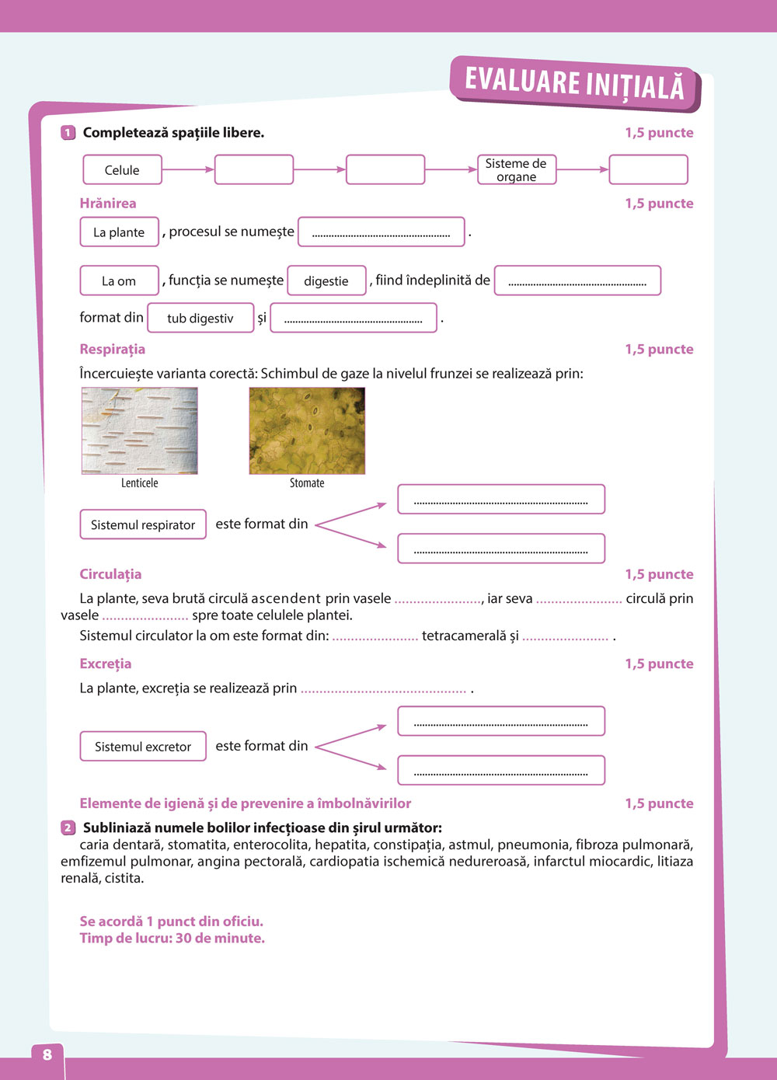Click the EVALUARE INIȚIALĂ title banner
pos(574,83)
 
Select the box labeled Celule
pos(122,169)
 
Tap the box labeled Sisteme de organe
pos(517,169)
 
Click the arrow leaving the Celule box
pos(188,169)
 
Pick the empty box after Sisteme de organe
pos(648,169)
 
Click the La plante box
pos(119,232)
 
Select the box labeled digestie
pos(326,280)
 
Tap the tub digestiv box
pos(200,318)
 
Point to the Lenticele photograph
pos(140,430)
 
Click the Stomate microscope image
pos(307,430)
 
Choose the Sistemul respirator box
pos(143,524)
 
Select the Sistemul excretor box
pos(143,746)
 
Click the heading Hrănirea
pos(108,204)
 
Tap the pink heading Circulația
pos(110,574)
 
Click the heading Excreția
pos(106,664)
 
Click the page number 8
pos(47,1054)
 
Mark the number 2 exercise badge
pos(68,827)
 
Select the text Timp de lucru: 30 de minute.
pos(172,938)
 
